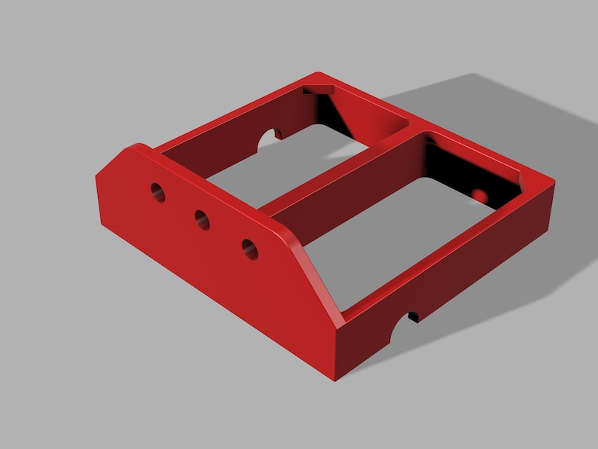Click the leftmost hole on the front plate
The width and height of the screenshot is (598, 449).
(157, 192)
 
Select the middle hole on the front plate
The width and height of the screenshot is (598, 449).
(203, 219)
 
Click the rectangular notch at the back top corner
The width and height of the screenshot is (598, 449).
(319, 90)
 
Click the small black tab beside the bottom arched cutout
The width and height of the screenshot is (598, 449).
(413, 317)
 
